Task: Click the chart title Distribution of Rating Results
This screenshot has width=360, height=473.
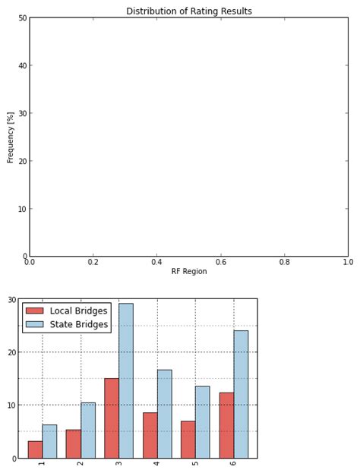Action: (x=188, y=11)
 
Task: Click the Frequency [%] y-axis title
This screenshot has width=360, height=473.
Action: (x=11, y=137)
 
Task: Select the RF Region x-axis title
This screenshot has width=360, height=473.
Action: (x=188, y=271)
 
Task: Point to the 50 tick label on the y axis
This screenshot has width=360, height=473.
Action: (x=23, y=18)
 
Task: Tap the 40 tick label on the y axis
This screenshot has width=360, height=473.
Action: (x=23, y=66)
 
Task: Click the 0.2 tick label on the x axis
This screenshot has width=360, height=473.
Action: (x=93, y=262)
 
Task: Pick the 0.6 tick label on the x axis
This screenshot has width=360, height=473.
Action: (x=220, y=262)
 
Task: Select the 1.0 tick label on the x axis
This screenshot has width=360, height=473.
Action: (x=347, y=262)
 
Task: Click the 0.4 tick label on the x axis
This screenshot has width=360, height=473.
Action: (x=156, y=262)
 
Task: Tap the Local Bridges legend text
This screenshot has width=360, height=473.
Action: (x=78, y=311)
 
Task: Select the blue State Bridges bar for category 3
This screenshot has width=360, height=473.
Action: (x=125, y=380)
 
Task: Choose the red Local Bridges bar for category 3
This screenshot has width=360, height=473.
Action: (x=112, y=418)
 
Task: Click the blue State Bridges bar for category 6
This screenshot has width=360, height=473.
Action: (x=241, y=394)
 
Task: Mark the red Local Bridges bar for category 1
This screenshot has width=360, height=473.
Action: (x=35, y=449)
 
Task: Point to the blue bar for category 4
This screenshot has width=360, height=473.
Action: (x=164, y=414)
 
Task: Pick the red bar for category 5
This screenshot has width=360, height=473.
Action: (x=188, y=440)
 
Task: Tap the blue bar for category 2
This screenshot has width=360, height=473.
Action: (x=87, y=430)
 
